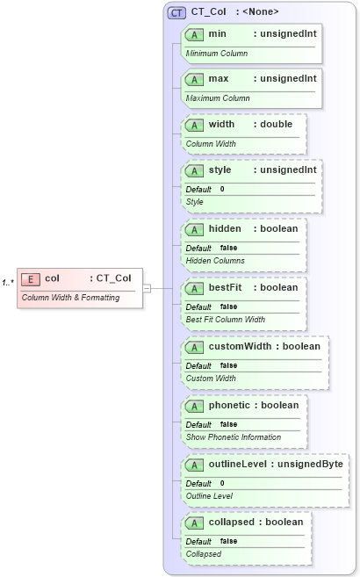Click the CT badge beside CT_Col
(176, 12)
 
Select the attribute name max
(219, 78)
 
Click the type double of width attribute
(277, 124)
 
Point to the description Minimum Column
(216, 54)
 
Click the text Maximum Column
(218, 98)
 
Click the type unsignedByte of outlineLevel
(310, 464)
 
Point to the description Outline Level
(209, 496)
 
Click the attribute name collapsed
(234, 522)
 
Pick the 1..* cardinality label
(8, 281)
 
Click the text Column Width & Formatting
(70, 298)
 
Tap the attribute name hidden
(225, 228)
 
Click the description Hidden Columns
(215, 261)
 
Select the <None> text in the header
(263, 12)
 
